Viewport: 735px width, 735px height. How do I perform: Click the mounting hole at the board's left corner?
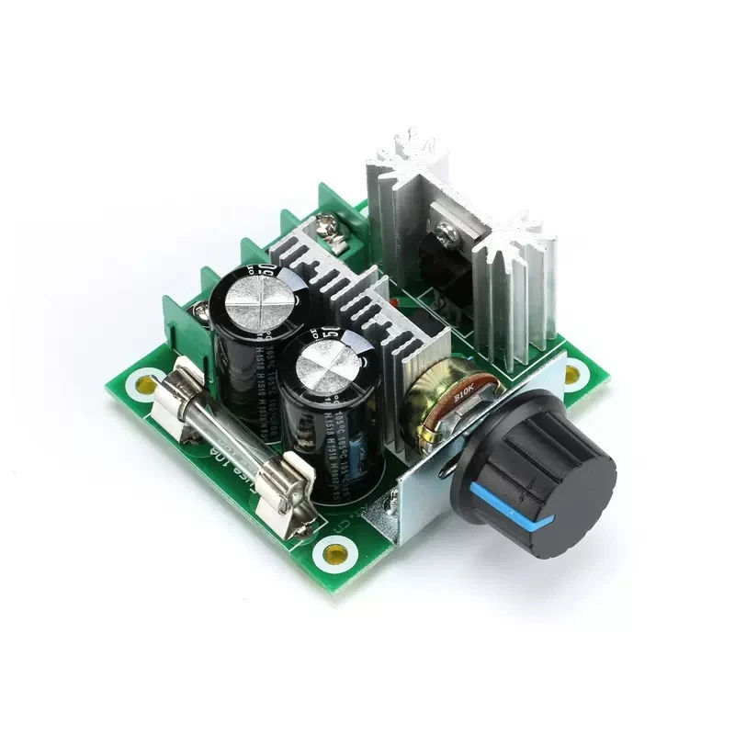(145, 383)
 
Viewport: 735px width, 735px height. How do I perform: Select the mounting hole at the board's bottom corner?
(334, 553)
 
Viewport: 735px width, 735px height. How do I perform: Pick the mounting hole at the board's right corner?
(572, 373)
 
